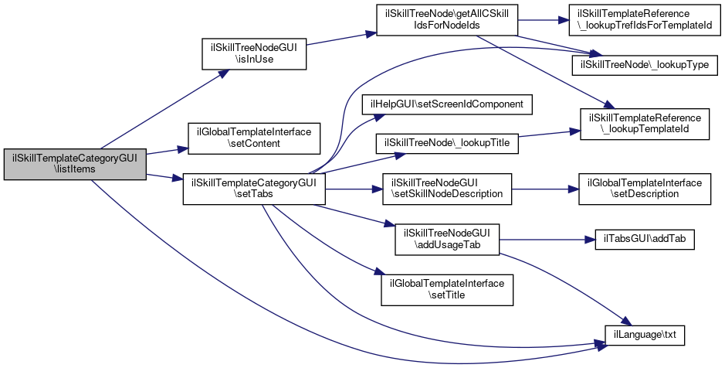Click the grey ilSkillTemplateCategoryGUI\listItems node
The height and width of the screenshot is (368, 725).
tap(75, 164)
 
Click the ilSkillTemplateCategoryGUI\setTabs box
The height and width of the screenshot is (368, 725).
tap(253, 189)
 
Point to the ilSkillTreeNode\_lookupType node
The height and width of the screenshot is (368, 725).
tap(639, 64)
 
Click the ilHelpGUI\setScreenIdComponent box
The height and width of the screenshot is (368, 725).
tap(448, 104)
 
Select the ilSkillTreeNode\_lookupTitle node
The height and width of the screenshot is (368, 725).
tap(446, 145)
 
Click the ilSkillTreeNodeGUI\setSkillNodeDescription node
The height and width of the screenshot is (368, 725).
tap(447, 189)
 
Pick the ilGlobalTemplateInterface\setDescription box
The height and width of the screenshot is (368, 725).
tap(645, 189)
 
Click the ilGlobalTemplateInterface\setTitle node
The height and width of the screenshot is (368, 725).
tap(447, 290)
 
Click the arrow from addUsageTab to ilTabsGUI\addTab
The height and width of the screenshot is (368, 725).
tap(544, 240)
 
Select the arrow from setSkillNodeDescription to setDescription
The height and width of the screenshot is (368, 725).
tap(545, 189)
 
